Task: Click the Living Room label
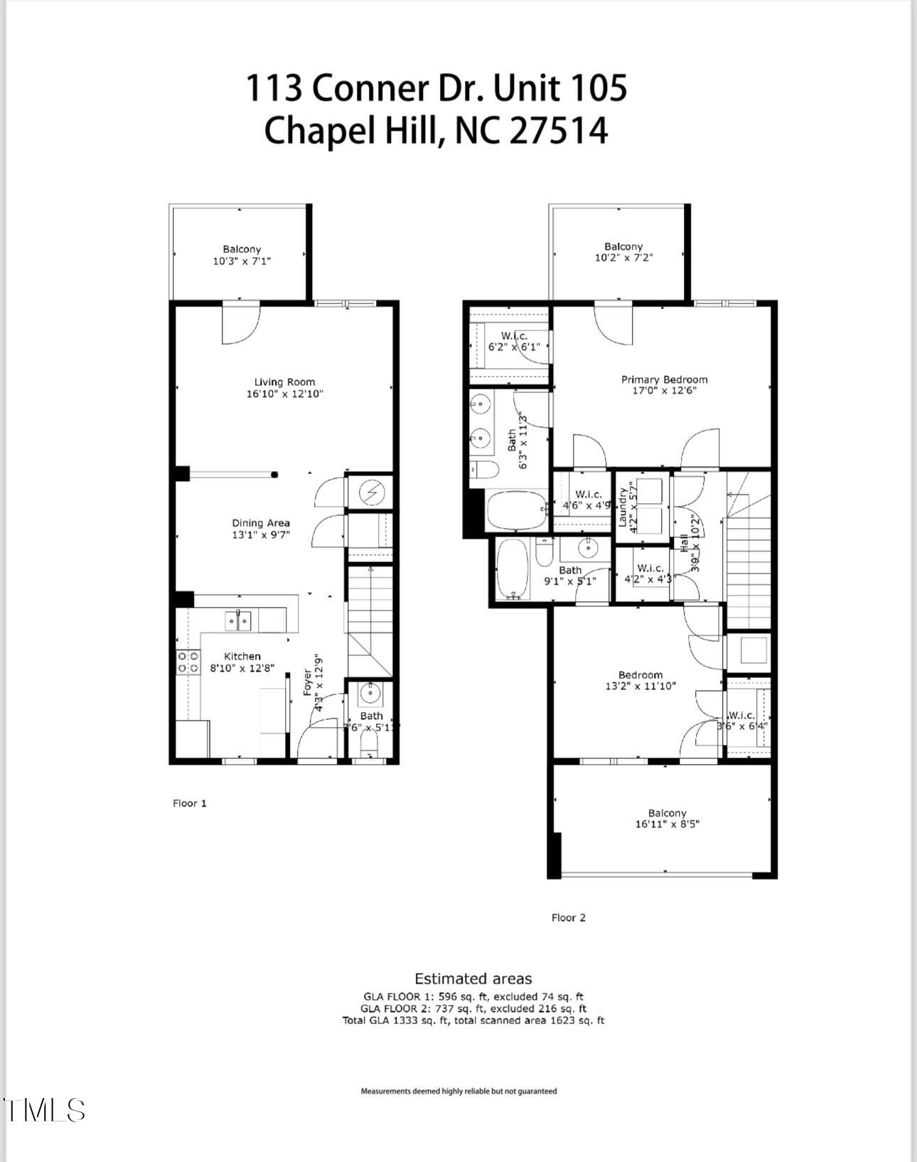tap(284, 382)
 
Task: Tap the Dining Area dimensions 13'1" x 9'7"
tap(261, 534)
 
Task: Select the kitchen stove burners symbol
tap(188, 662)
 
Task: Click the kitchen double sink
tap(238, 621)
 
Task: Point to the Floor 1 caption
tap(189, 803)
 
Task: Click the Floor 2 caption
tap(568, 918)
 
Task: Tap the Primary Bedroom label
tap(664, 380)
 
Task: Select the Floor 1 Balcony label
tap(242, 249)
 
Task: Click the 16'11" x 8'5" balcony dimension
tap(667, 824)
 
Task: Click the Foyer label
tap(308, 682)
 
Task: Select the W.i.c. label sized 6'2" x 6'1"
tap(514, 336)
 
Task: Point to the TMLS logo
tap(44, 1110)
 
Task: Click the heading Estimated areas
tap(473, 979)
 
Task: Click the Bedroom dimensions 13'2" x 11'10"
tap(640, 687)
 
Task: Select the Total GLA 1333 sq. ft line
tap(473, 1021)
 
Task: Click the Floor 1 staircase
tap(370, 618)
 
